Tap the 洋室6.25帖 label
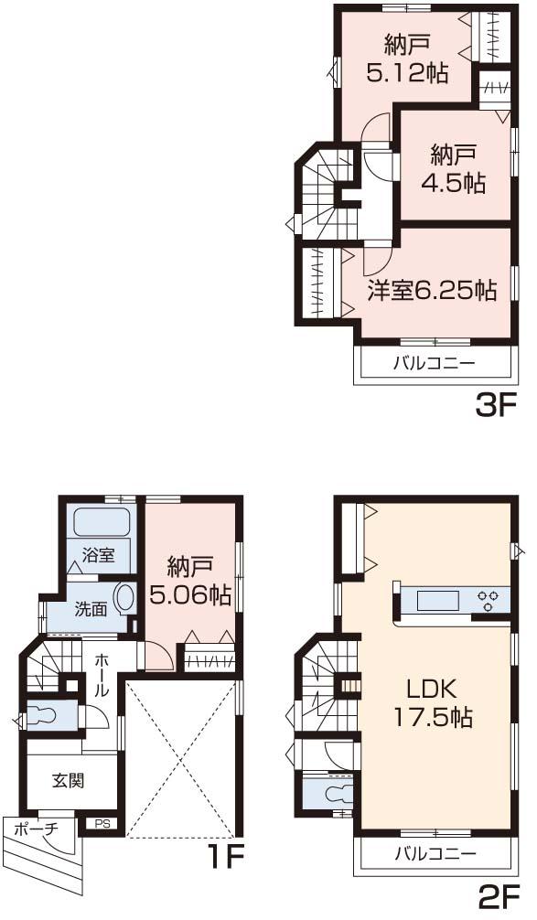432,291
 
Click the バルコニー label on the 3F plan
434,363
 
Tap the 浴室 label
98,555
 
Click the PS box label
103,823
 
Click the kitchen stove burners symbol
488,600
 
